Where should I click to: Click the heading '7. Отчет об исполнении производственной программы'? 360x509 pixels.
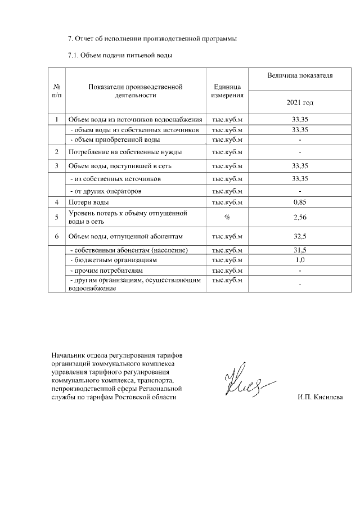pos(152,39)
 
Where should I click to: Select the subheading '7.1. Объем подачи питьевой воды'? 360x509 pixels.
pos(120,56)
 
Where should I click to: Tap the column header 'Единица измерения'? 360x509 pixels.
pos(227,91)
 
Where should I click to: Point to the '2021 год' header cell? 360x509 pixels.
pos(300,102)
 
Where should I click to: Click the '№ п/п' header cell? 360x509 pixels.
pos(57,91)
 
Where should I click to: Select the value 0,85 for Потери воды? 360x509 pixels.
pos(300,202)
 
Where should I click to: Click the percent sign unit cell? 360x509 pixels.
pos(227,217)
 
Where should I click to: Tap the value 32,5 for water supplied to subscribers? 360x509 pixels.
pos(300,237)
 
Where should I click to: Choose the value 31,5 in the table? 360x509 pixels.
pos(300,250)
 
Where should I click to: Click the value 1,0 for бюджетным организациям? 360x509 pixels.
pos(300,260)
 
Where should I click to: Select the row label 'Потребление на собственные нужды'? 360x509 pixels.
pos(124,152)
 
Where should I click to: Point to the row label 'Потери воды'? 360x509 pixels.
pos(88,202)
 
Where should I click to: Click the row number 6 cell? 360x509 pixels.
pos(57,237)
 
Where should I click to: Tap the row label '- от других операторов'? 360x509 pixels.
pos(105,191)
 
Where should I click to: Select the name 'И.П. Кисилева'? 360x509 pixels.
pos(321,397)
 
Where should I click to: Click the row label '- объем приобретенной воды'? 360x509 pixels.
pos(115,139)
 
